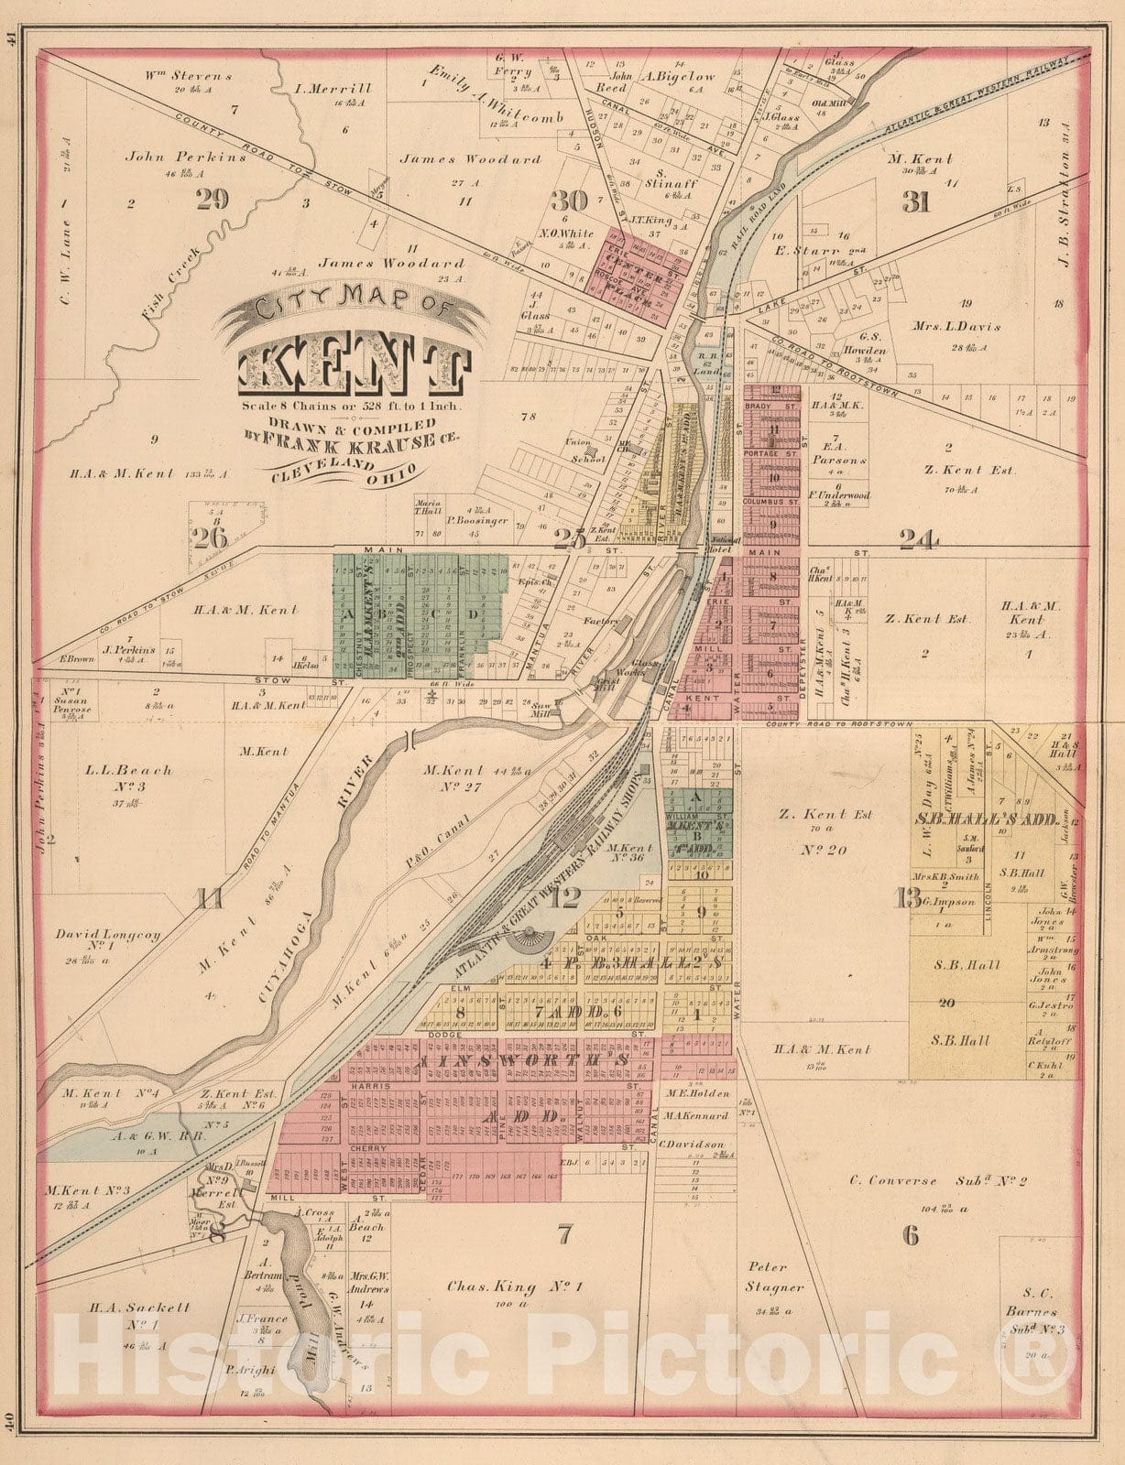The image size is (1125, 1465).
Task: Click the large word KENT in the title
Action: point(355,370)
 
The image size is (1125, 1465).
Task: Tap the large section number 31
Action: point(916,201)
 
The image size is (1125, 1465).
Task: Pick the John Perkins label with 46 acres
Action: point(186,157)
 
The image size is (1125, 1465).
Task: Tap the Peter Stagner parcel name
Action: point(768,1277)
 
